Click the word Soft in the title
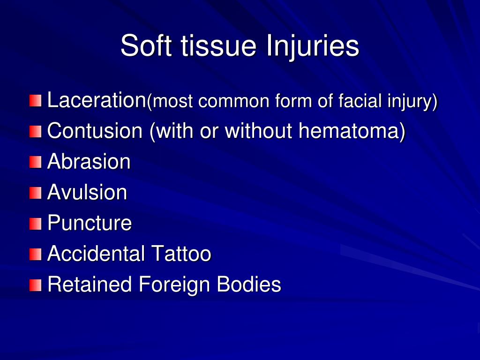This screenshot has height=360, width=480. click(143, 46)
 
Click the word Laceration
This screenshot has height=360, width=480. click(97, 100)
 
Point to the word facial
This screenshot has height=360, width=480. click(358, 101)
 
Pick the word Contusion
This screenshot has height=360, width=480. click(95, 131)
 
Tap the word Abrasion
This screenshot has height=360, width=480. click(89, 162)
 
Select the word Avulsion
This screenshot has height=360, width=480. click(87, 192)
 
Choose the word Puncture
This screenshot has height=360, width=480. click(90, 223)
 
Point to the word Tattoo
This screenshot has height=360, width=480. click(181, 254)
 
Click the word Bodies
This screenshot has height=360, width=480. click(249, 285)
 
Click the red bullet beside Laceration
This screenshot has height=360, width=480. click(35, 101)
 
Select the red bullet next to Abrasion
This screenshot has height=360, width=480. click(35, 162)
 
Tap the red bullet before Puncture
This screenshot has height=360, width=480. click(35, 224)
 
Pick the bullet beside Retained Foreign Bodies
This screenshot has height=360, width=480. click(35, 285)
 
